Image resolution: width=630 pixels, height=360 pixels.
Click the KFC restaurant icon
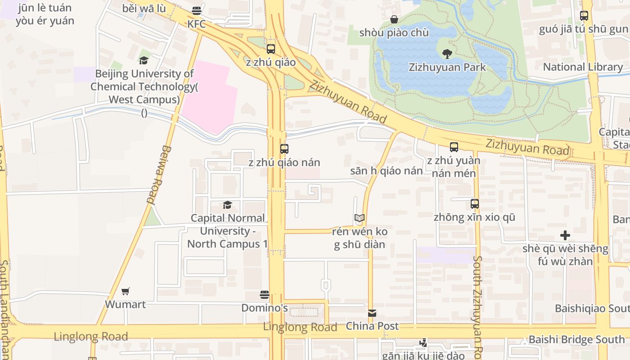197,10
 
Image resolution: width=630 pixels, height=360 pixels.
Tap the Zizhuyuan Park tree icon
447,54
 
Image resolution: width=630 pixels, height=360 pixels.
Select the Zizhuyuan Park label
447,67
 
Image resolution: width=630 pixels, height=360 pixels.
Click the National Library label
583,67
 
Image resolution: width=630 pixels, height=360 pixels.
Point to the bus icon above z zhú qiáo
270,49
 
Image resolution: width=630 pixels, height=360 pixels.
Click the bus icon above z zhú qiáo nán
284,149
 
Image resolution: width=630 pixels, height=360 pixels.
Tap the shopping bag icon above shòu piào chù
394,19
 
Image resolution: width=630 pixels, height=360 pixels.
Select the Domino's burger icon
265,295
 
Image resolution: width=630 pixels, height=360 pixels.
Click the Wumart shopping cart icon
126,291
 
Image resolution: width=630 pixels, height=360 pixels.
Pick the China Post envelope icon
372,313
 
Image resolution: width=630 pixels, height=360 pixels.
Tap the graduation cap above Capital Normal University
227,205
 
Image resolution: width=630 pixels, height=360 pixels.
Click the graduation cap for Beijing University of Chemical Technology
144,60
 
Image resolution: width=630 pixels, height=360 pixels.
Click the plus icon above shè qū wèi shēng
565,235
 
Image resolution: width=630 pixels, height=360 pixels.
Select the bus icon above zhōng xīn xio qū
475,204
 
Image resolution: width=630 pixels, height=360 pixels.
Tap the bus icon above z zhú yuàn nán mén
454,147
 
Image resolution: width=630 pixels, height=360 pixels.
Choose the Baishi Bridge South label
576,340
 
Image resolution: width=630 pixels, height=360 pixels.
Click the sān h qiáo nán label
386,171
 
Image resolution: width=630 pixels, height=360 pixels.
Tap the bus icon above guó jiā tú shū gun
584,16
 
